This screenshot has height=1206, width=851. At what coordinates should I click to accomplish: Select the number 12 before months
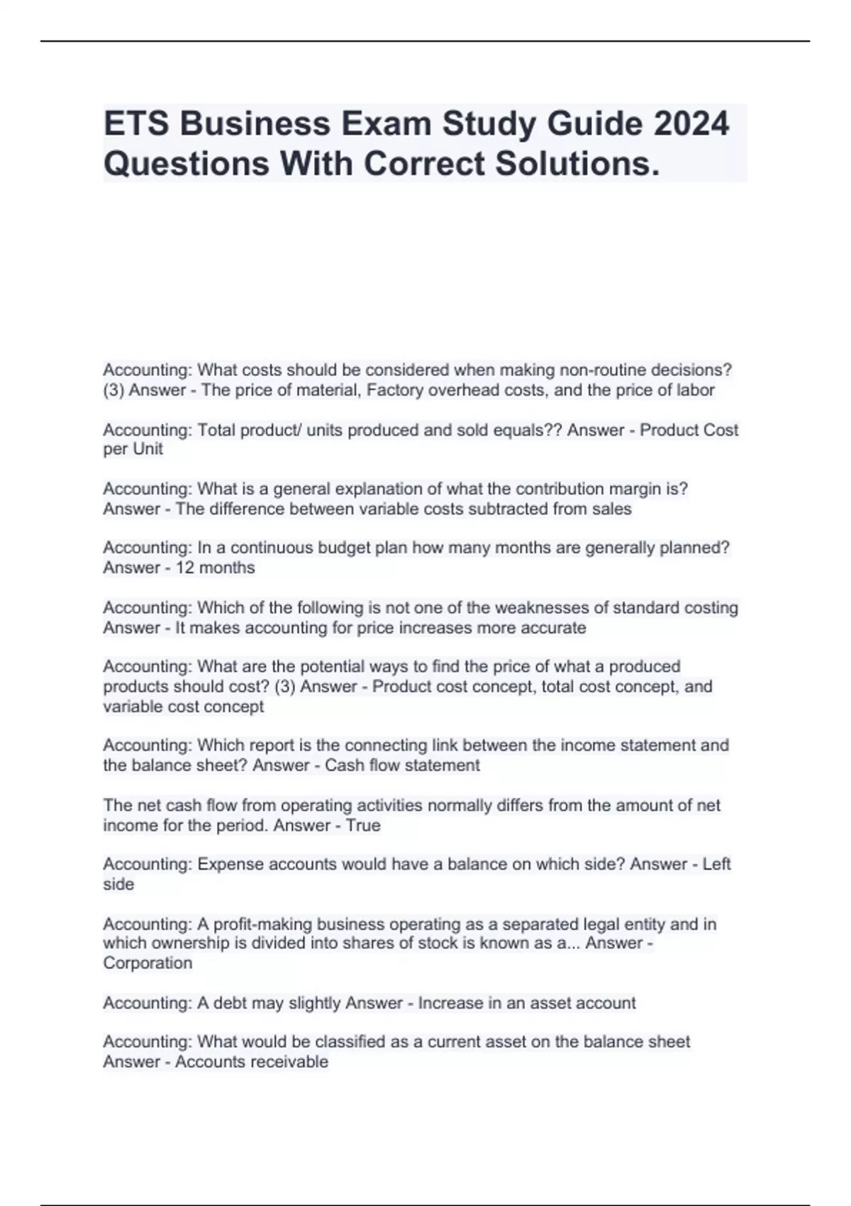[185, 568]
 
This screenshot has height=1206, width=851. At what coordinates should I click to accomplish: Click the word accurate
[556, 628]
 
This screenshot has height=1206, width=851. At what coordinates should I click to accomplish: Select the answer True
[363, 826]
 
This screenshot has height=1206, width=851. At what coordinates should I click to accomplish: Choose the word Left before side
[716, 864]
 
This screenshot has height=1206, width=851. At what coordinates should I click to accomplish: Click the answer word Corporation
[148, 963]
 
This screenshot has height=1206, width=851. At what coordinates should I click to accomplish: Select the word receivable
[291, 1062]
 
